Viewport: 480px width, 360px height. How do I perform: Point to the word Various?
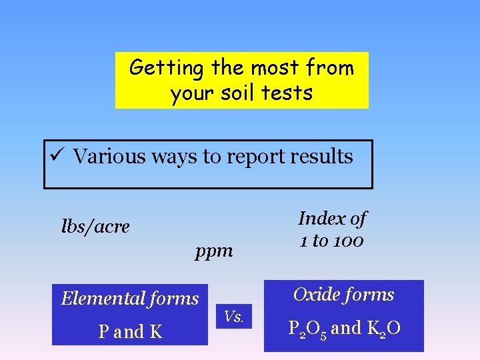coord(108,156)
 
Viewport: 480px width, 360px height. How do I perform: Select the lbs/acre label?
coord(95,227)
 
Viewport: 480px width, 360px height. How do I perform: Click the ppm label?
coord(214,251)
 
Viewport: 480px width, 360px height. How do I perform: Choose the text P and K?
coord(130,331)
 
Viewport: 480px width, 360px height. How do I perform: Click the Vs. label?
coord(234,317)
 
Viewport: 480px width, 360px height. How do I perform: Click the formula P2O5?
coord(307,329)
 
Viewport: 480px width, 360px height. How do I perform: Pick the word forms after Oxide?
coord(371,295)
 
